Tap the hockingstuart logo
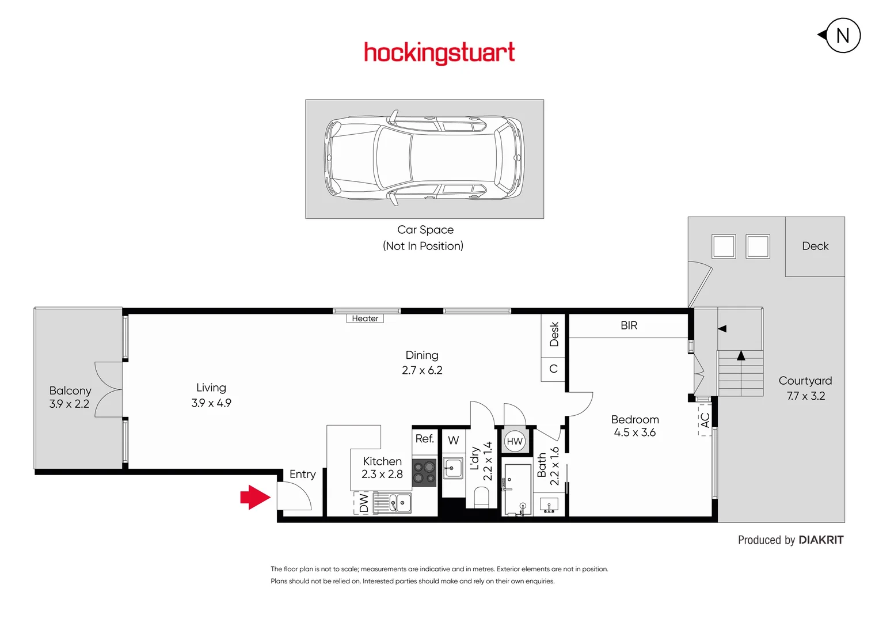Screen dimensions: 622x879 click(x=439, y=53)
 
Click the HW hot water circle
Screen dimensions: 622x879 click(x=515, y=442)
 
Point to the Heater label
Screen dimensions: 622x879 click(x=365, y=318)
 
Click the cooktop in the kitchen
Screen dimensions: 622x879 click(x=425, y=473)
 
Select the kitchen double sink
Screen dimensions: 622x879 click(x=392, y=503)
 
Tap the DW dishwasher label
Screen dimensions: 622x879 click(x=364, y=503)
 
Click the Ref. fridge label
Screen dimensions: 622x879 click(x=425, y=439)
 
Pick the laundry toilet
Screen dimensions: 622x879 click(x=481, y=497)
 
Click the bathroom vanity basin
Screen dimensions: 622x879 click(x=549, y=506)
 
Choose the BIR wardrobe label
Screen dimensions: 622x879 click(x=629, y=325)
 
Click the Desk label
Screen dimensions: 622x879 click(x=554, y=334)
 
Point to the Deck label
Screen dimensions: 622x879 click(x=815, y=246)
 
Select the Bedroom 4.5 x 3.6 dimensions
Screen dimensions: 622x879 click(x=634, y=433)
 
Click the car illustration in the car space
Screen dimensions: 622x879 click(x=425, y=158)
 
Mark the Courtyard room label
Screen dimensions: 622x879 click(x=805, y=381)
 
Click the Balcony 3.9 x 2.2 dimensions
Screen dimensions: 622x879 click(x=69, y=404)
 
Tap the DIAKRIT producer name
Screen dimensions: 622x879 click(x=821, y=540)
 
